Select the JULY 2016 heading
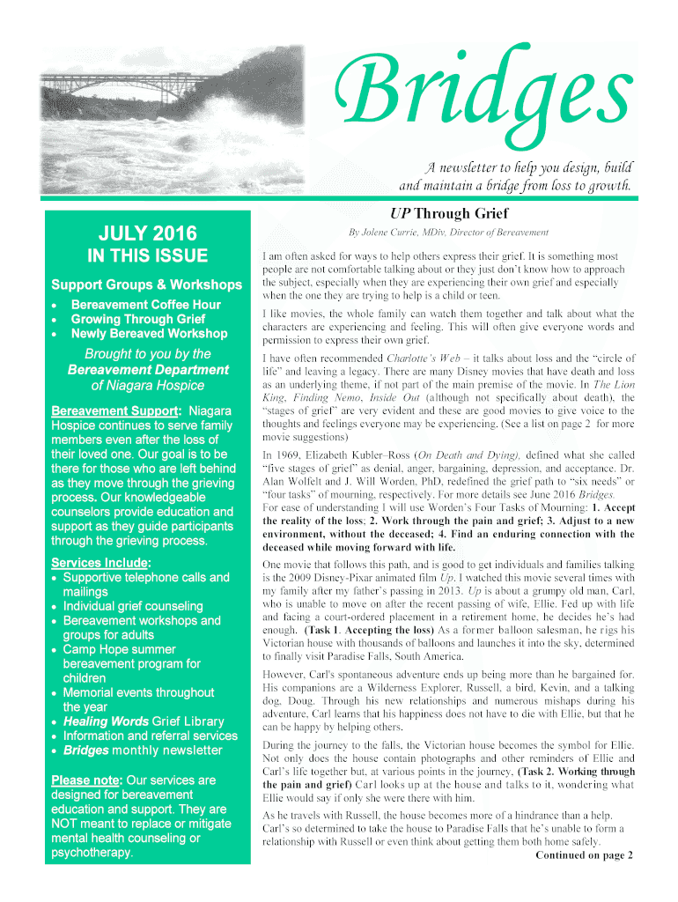[147, 234]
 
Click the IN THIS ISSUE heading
[147, 256]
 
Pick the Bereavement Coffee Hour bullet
[146, 305]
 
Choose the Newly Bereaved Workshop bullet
[149, 334]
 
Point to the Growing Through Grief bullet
[138, 319]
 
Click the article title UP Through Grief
[449, 213]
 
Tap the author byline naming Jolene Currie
[449, 233]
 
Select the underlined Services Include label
[101, 563]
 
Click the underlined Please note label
[86, 780]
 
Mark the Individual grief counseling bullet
[132, 606]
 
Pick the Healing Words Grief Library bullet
[143, 721]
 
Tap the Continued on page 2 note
[584, 855]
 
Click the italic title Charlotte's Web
[417, 359]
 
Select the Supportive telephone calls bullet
[145, 578]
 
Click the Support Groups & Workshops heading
[146, 285]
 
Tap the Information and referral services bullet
[150, 736]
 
